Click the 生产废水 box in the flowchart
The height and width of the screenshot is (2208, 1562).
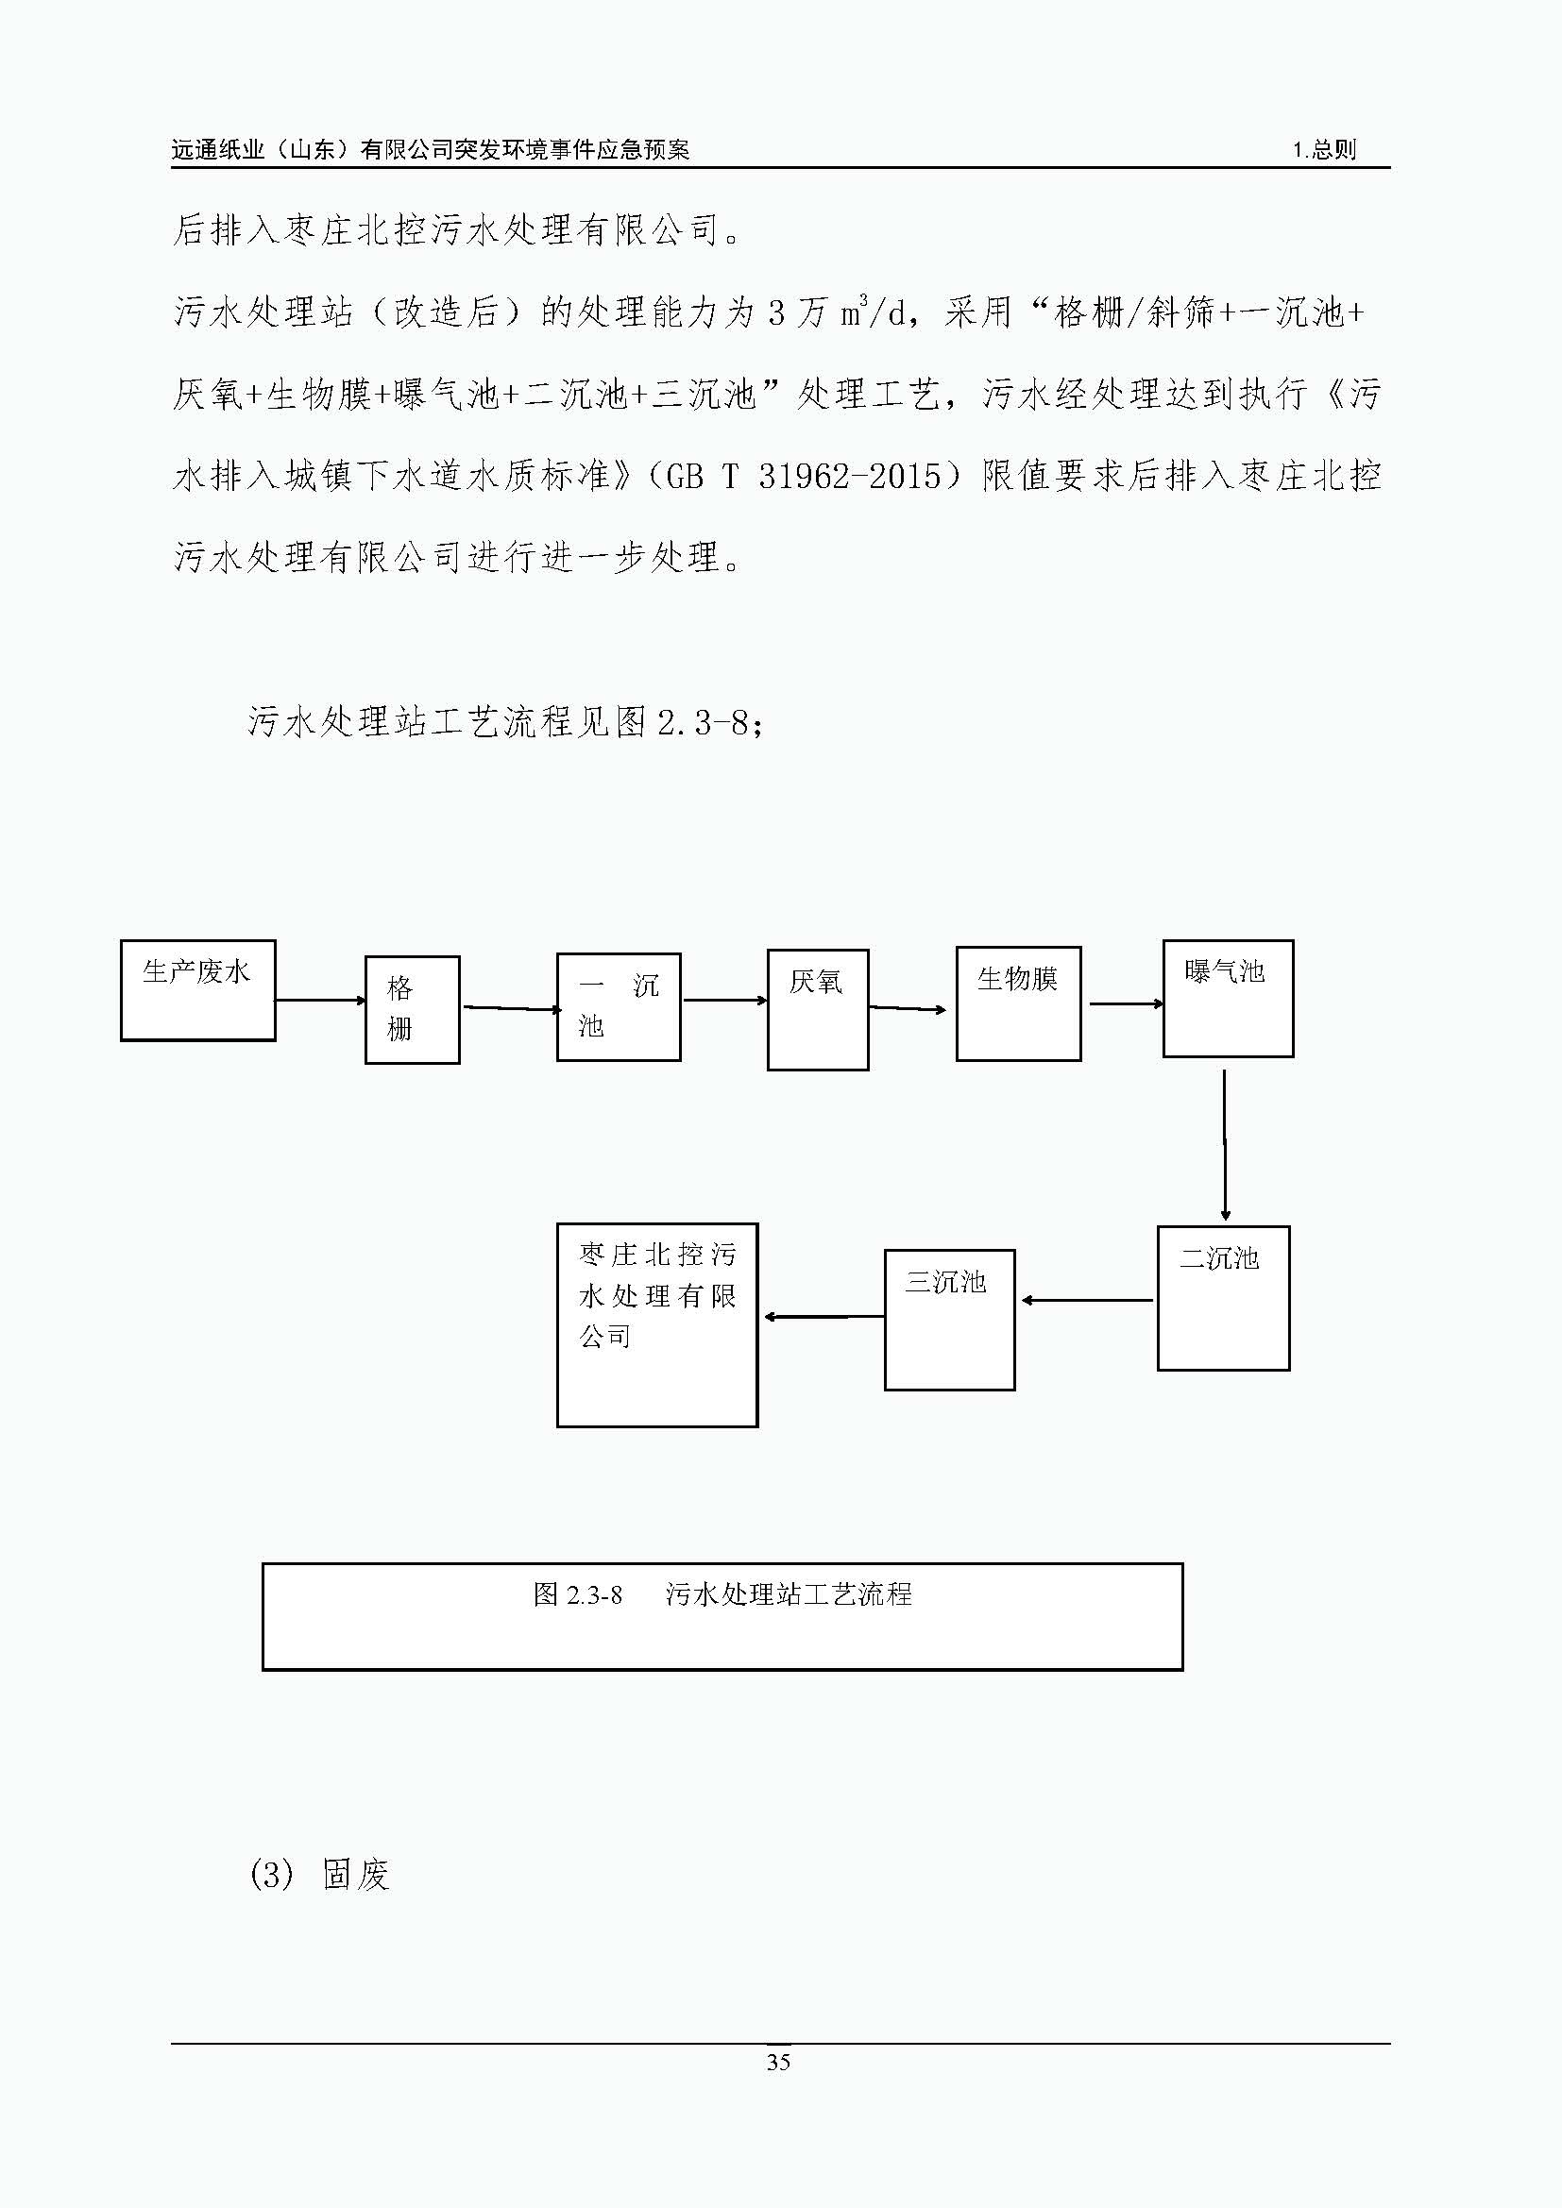[198, 990]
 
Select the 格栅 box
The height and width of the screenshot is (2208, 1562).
[413, 1010]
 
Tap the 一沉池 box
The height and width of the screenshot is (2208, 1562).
[619, 1007]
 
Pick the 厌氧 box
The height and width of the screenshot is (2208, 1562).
[818, 1010]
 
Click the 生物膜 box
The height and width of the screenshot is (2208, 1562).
[1019, 1004]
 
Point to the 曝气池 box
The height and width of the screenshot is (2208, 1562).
[1229, 998]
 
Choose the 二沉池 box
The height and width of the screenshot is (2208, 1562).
[1223, 1298]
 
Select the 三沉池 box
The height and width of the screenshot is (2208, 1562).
[949, 1320]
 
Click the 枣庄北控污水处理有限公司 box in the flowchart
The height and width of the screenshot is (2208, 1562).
[657, 1325]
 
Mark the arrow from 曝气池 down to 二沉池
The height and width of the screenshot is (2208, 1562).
[1225, 1145]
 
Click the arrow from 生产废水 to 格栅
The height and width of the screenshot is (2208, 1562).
[321, 1000]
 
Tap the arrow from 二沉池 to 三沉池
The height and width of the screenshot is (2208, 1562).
[1087, 1300]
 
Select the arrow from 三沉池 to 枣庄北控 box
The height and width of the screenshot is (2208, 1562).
[824, 1317]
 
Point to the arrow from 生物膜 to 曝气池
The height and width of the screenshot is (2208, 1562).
[1127, 1004]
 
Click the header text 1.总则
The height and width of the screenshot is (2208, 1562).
[1323, 149]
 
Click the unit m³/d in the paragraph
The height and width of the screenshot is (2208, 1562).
[874, 311]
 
